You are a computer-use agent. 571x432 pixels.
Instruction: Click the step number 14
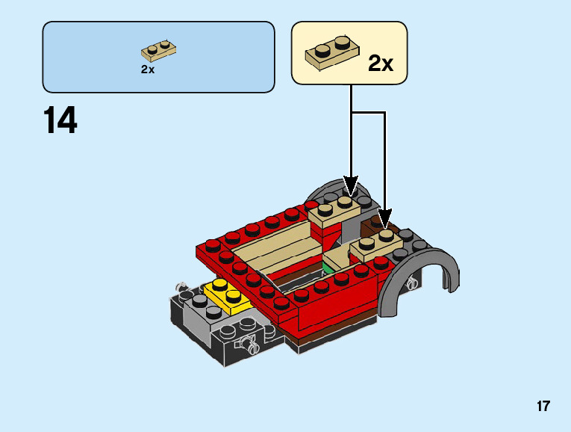pyautogui.click(x=60, y=120)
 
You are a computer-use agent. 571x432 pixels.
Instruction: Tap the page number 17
pyautogui.click(x=543, y=407)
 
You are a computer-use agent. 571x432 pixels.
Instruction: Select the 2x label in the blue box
pyautogui.click(x=148, y=70)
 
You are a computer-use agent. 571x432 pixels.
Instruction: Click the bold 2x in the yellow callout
pyautogui.click(x=381, y=64)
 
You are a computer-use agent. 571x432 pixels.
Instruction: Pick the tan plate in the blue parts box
pyautogui.click(x=158, y=52)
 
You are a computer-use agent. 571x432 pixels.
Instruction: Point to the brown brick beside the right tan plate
pyautogui.click(x=371, y=225)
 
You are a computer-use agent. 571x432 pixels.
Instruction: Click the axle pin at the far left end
pyautogui.click(x=180, y=287)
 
